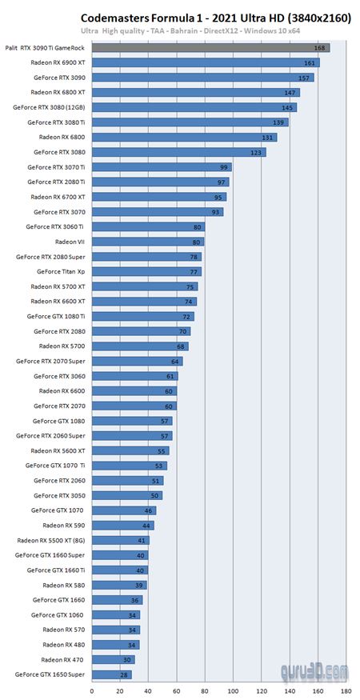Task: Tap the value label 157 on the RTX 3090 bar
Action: (x=304, y=78)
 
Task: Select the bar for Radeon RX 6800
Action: (x=184, y=138)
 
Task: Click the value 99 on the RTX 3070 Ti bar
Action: (x=223, y=167)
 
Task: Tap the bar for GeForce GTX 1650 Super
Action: (x=111, y=674)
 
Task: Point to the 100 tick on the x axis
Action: (x=233, y=690)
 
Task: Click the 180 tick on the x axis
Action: (x=346, y=690)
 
